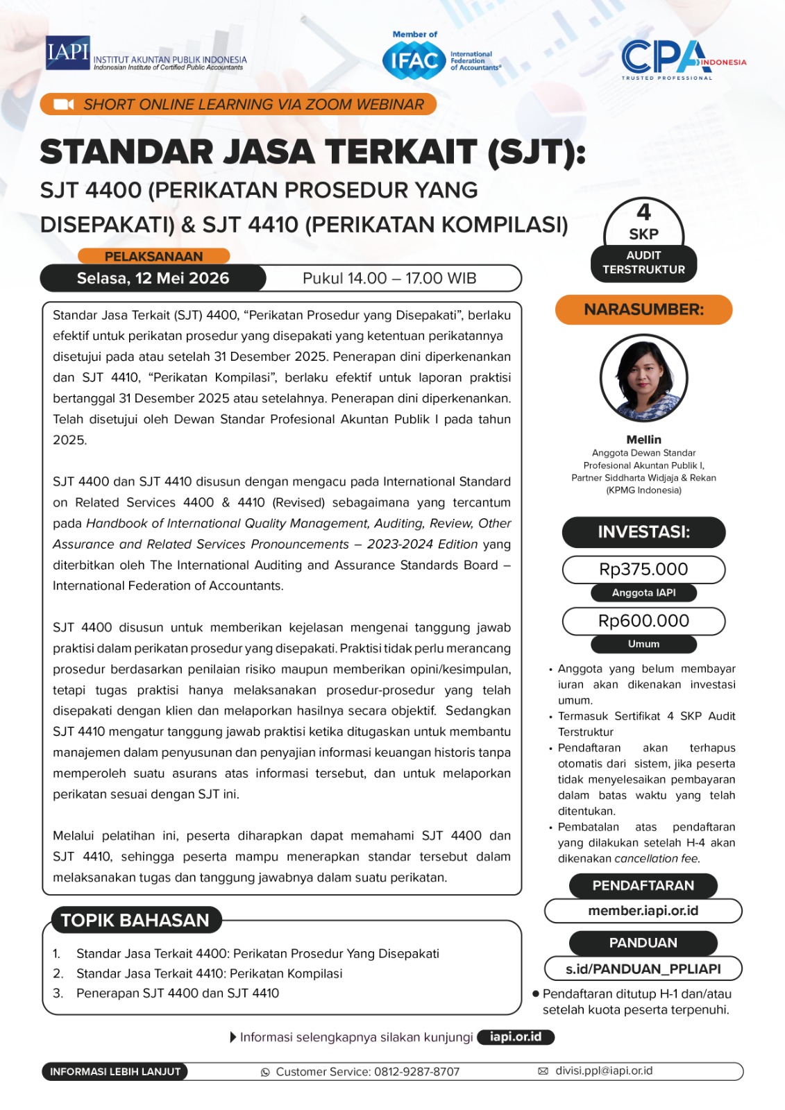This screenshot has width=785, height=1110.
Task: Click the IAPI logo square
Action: [x=68, y=53]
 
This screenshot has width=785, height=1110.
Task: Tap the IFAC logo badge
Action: [x=414, y=61]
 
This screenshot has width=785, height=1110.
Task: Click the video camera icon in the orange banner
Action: [x=63, y=105]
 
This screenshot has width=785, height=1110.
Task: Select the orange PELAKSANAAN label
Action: [x=153, y=256]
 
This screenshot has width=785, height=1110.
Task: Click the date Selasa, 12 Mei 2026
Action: [x=153, y=278]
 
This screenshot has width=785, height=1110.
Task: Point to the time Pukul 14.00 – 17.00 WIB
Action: [x=389, y=278]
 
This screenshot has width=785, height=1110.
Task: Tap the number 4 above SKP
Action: [x=644, y=212]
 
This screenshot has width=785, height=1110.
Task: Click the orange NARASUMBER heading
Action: [x=643, y=309]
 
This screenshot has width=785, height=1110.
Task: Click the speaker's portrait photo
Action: [x=643, y=378]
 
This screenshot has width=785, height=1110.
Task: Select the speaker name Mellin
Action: [x=643, y=439]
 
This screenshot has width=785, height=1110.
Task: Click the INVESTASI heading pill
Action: [x=643, y=532]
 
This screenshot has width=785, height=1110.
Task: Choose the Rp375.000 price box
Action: [x=643, y=570]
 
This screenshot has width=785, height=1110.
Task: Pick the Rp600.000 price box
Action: [x=643, y=621]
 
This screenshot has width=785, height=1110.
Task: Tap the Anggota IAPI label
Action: [x=643, y=592]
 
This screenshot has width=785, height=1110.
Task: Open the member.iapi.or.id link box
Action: [x=643, y=910]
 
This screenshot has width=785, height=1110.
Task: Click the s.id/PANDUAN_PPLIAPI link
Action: [x=643, y=968]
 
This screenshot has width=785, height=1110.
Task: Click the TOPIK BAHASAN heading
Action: [x=135, y=920]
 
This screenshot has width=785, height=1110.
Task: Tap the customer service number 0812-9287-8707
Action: [x=416, y=1072]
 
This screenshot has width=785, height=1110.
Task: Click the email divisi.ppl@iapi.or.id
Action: [x=603, y=1070]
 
